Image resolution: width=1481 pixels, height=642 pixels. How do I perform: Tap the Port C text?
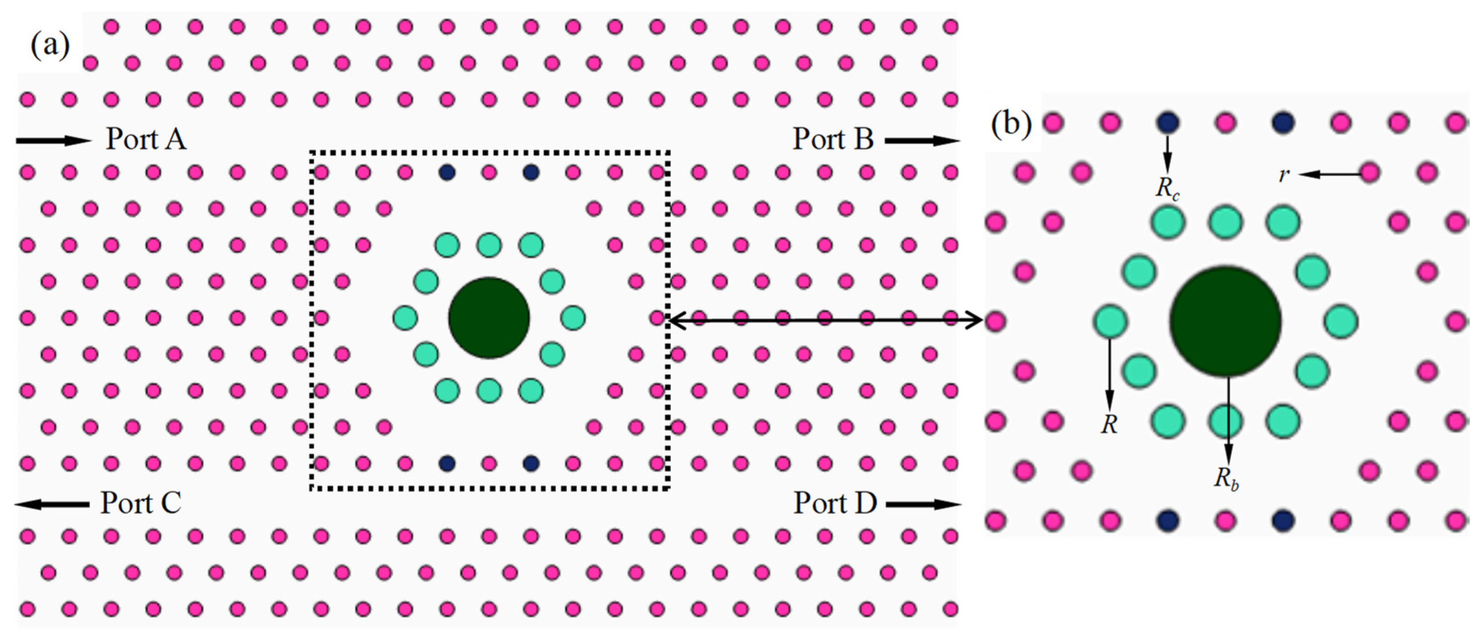[x=141, y=503]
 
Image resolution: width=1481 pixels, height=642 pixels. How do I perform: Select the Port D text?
[x=835, y=503]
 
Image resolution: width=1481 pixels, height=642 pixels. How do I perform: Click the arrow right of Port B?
[x=922, y=141]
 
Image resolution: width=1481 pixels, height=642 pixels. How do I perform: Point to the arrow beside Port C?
[x=52, y=505]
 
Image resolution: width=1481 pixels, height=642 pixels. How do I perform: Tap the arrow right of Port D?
[x=923, y=505]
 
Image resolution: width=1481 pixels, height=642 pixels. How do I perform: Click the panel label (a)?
[x=50, y=46]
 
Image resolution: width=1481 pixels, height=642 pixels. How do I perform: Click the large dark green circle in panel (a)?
[x=489, y=318]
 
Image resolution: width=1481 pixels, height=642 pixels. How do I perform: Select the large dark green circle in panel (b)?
[x=1225, y=321]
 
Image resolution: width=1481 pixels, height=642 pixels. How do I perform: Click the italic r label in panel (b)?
[x=1283, y=174]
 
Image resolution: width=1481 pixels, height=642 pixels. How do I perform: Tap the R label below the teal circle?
[x=1109, y=424]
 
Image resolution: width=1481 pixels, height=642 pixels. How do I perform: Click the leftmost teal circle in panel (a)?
[x=405, y=318]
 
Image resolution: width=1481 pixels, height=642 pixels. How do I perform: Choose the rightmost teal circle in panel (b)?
[x=1341, y=321]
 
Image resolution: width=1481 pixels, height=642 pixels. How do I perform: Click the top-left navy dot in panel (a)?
[x=447, y=172]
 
